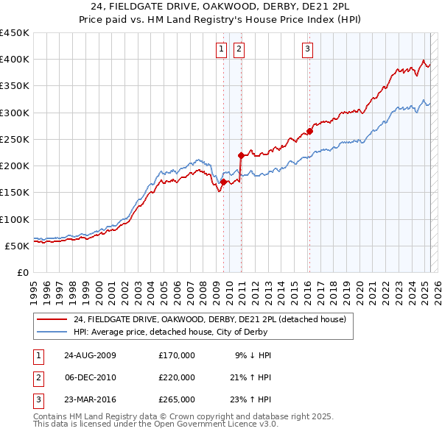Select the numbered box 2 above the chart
point(239,50)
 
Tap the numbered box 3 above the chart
point(307,50)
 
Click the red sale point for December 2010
point(241,155)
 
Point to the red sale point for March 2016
point(309,132)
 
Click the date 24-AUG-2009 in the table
point(91,355)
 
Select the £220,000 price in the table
point(177,377)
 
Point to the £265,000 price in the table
point(177,399)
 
